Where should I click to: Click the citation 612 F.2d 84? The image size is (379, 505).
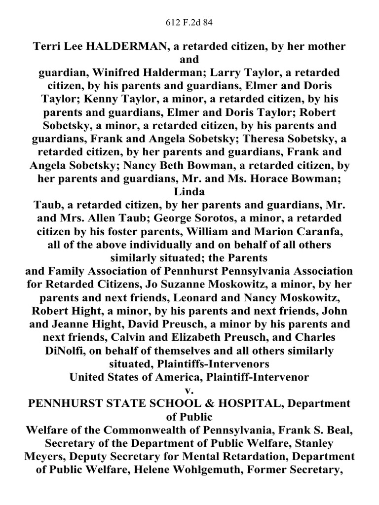point(189,22)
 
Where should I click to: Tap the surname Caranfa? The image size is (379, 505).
point(306,231)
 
